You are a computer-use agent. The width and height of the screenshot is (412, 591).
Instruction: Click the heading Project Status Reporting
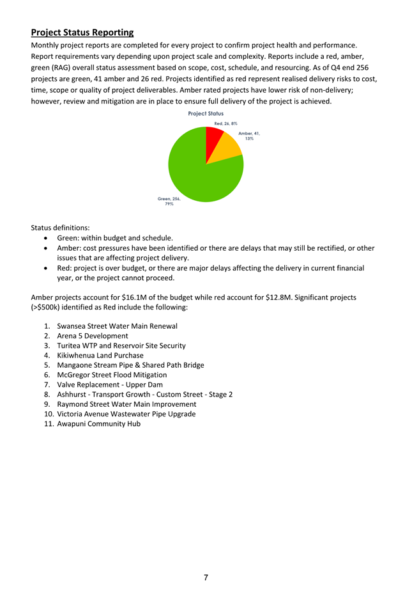pos(82,33)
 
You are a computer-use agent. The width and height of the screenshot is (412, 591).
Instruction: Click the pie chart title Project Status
pos(206,113)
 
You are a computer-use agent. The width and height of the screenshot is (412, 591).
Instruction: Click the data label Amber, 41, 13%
pos(248,136)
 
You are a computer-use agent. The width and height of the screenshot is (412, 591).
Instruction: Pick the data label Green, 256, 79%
pos(169,201)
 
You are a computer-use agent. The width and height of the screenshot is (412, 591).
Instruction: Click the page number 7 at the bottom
pos(206,578)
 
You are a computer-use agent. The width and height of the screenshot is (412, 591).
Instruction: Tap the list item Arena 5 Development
pos(93,336)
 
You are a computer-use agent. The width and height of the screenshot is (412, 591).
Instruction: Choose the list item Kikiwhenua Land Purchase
pos(100,355)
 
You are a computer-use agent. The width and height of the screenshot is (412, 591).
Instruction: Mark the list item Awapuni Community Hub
pos(99,423)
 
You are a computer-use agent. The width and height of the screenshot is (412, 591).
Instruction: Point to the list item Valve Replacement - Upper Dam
pos(110,384)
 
